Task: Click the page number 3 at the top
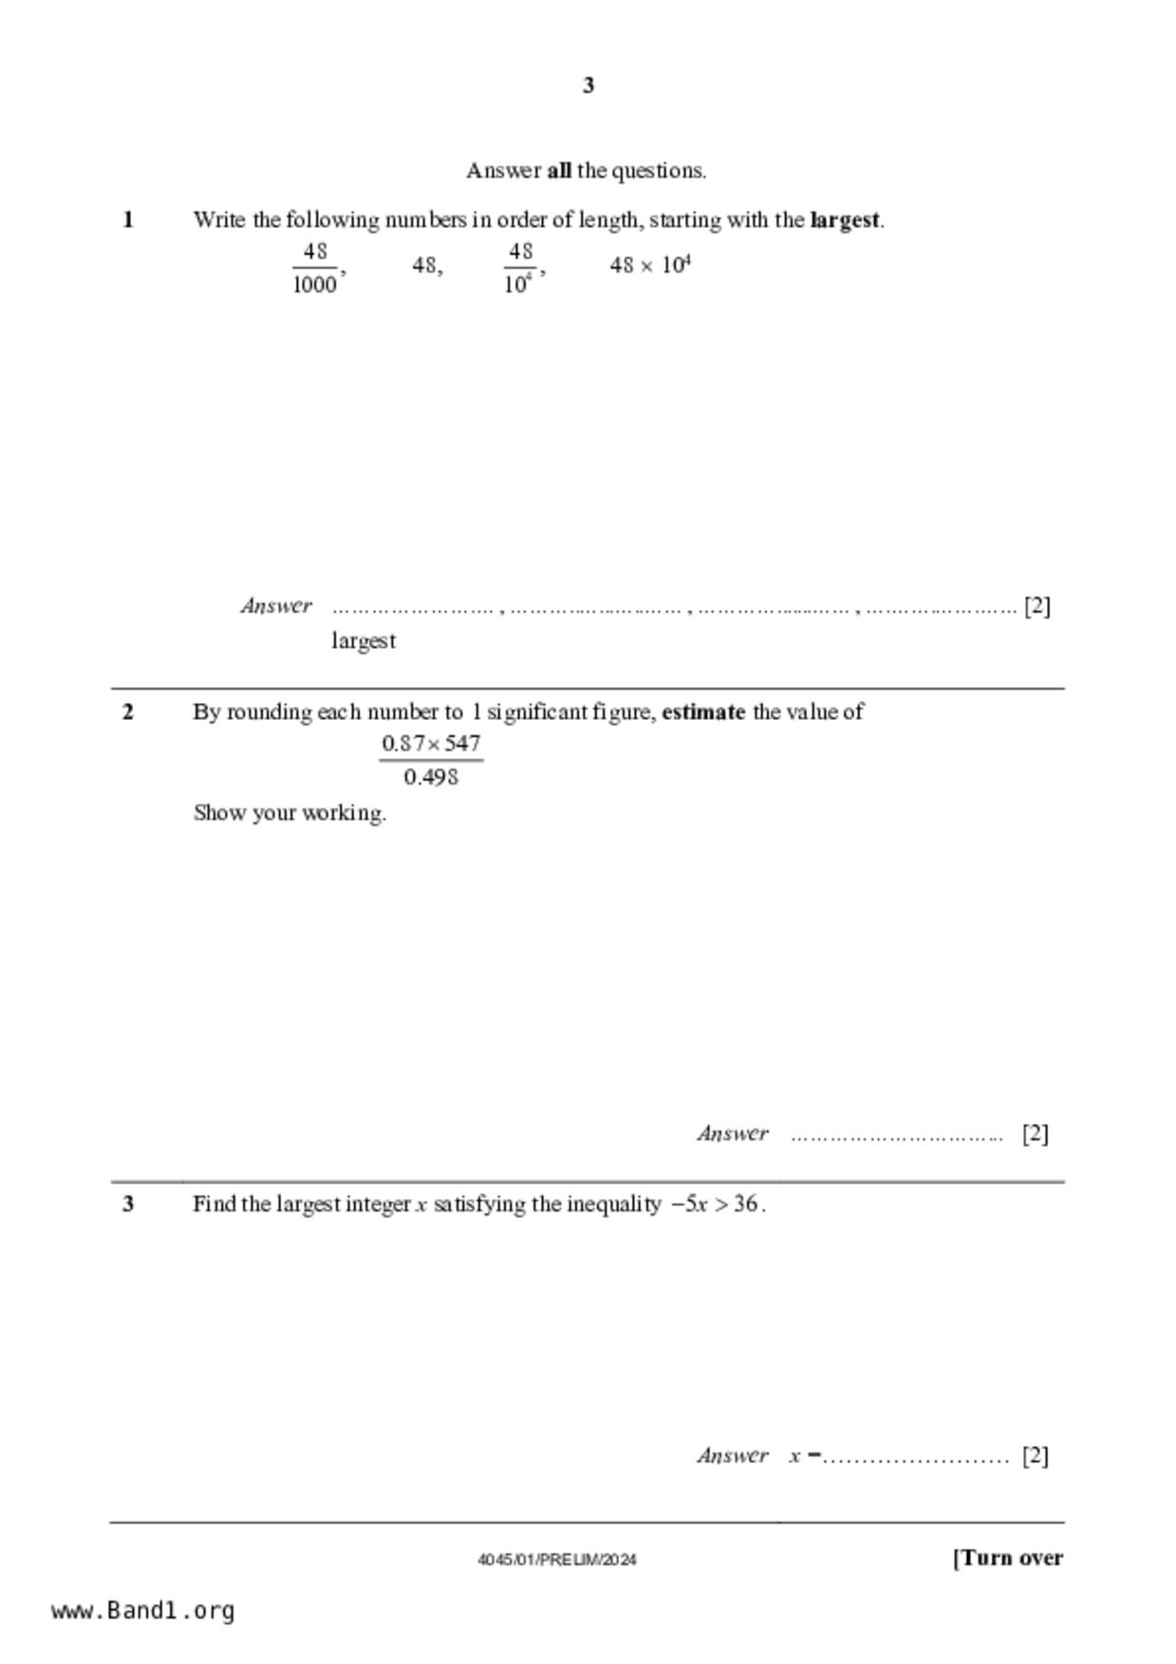pos(588,86)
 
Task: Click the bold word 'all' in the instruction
pos(559,172)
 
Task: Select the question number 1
pos(128,220)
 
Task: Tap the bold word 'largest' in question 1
pos(845,220)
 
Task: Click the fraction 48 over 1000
pos(315,268)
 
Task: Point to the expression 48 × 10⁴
pos(650,266)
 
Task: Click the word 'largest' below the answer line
pos(364,641)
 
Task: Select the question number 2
pos(128,712)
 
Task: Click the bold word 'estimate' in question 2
pos(702,712)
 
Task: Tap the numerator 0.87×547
pos(431,744)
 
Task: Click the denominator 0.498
pos(431,778)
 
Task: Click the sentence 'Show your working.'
pos(289,813)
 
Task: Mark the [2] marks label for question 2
pos(1036,1134)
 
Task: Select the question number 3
pos(128,1205)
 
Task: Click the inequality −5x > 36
pos(717,1205)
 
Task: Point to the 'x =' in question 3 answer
pos(804,1456)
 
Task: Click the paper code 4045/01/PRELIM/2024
pos(557,1560)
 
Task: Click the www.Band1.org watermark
pos(143,1611)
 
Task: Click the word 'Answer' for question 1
pos(276,606)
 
